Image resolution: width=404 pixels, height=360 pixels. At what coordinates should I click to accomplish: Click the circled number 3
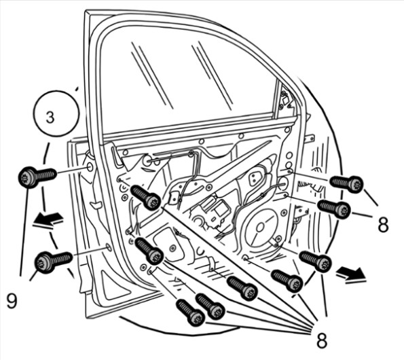50,118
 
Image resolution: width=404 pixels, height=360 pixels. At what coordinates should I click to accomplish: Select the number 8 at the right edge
383,224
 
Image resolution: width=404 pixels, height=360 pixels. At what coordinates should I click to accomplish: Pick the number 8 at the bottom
322,340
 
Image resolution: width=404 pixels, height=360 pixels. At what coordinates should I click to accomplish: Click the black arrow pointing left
48,221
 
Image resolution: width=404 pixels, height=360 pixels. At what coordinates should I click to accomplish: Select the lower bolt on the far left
54,261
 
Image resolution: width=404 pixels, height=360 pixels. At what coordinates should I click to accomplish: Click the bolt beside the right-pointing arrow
315,261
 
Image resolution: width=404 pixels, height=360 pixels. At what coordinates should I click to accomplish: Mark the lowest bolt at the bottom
191,312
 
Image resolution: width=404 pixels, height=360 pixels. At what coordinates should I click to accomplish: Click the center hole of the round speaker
259,228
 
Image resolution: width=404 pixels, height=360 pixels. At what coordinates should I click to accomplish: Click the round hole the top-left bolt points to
90,167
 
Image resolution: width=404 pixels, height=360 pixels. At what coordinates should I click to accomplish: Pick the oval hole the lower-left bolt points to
108,248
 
